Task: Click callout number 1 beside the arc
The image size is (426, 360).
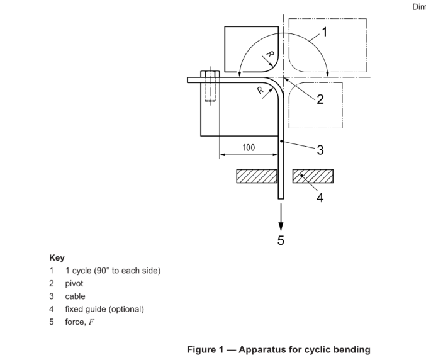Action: point(325,32)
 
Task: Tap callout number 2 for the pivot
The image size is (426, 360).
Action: point(320,99)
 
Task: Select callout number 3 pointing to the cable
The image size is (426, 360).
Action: point(320,150)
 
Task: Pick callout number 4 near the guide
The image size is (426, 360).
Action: point(320,198)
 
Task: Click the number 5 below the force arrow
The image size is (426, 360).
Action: point(281,240)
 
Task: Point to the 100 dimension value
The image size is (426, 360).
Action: point(249,147)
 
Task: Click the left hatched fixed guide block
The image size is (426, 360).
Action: point(257,176)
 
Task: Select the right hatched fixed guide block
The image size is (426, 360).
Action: point(313,176)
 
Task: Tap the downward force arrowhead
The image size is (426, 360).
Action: point(281,227)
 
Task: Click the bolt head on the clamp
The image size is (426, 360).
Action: point(210,74)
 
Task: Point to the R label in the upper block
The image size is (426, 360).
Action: point(270,54)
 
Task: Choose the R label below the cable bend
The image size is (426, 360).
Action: point(261,90)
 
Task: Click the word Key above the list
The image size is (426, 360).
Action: point(57,257)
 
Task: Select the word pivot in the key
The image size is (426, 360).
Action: point(74,283)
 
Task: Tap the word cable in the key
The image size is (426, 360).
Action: point(75,296)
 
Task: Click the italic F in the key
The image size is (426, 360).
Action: point(91,322)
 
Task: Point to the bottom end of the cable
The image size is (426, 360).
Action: point(281,199)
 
